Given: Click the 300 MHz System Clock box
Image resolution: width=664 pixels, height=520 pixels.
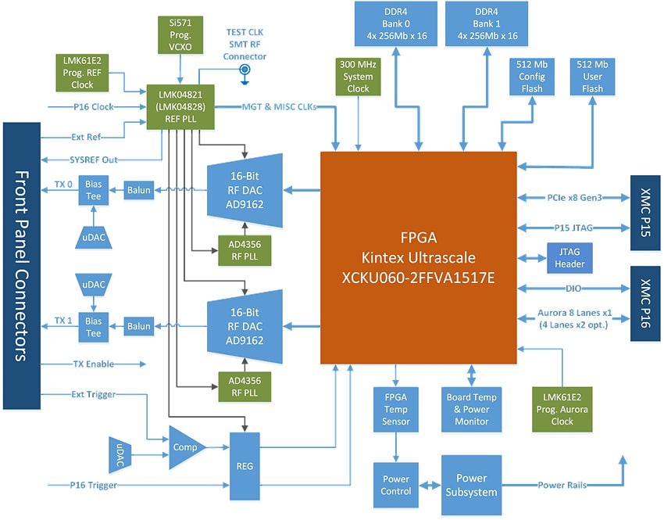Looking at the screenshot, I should tap(359, 77).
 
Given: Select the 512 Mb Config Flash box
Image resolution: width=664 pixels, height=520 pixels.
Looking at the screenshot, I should tap(533, 77).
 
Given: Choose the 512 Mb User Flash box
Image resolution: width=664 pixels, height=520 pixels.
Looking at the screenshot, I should tap(593, 77).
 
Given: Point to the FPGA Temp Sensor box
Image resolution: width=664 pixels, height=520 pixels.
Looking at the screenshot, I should tap(397, 409).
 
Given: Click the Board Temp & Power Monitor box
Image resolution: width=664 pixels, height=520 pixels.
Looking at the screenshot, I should tap(472, 409).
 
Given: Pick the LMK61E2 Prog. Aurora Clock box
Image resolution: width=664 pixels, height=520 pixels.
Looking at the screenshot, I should tap(562, 409).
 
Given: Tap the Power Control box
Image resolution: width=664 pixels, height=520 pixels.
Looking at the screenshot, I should tap(397, 486).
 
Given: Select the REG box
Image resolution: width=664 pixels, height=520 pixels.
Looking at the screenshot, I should tap(245, 465).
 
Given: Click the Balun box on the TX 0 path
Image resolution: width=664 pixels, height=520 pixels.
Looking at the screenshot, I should tap(139, 189).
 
